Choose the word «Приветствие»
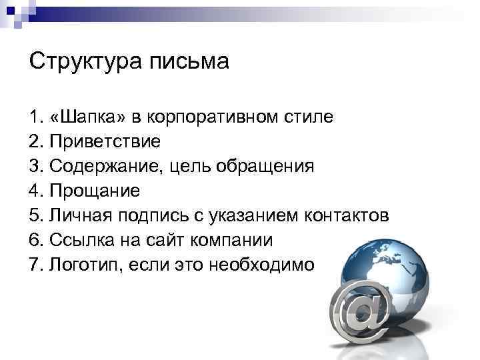point(105,142)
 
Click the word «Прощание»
point(95,191)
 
